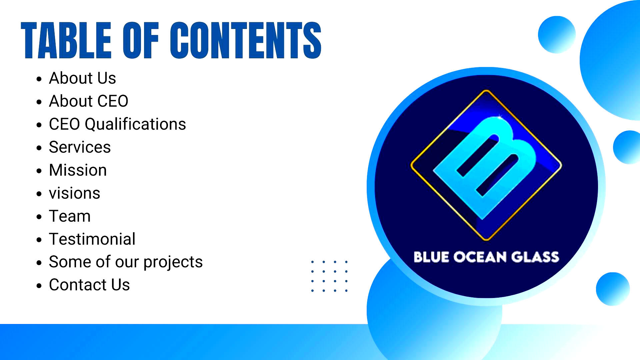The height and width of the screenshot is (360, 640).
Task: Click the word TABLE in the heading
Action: pyautogui.click(x=66, y=40)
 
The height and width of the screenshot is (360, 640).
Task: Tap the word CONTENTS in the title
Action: pyautogui.click(x=246, y=40)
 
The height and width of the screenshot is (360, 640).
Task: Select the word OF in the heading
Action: pyautogui.click(x=141, y=40)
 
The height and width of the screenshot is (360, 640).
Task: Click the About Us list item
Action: pyautogui.click(x=82, y=78)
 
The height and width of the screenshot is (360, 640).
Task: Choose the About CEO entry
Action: pyautogui.click(x=89, y=101)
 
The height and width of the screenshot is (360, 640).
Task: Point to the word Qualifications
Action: pyautogui.click(x=135, y=124)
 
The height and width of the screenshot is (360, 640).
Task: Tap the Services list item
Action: pyautogui.click(x=80, y=147)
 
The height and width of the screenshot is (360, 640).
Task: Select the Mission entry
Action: pyautogui.click(x=78, y=170)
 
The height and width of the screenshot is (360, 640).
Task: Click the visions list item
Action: pyautogui.click(x=74, y=193)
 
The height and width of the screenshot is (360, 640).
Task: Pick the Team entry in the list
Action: pyautogui.click(x=70, y=216)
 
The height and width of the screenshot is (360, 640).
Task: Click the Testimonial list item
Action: pyautogui.click(x=92, y=239)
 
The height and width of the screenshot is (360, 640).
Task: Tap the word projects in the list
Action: pyautogui.click(x=173, y=262)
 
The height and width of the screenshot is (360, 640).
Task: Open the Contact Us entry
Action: pyautogui.click(x=89, y=285)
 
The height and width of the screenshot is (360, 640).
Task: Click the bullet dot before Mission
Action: pyautogui.click(x=39, y=171)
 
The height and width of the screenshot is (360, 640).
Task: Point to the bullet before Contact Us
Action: pyautogui.click(x=39, y=286)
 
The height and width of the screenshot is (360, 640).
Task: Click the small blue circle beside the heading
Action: pyautogui.click(x=557, y=35)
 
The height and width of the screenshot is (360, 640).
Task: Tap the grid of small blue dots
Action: pyautogui.click(x=329, y=276)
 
